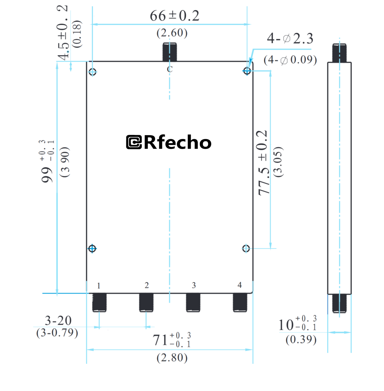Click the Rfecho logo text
coord(169,142)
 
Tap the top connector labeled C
coord(170,52)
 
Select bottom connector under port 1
coord(99,302)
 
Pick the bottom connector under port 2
coord(146,302)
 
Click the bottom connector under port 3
coord(193,302)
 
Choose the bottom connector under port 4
coord(240,302)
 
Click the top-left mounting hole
coord(93,72)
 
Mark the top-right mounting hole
coord(247,71)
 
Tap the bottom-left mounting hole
coord(92,249)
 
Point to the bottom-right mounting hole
coord(246,248)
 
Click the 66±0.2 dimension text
coord(174,16)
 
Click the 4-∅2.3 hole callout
coord(290,39)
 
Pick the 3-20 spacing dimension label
coord(58,321)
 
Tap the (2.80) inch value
coord(172,358)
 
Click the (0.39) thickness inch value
coord(301,340)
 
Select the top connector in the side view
coord(339,53)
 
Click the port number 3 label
coord(194,285)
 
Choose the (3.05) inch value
coord(278,162)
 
